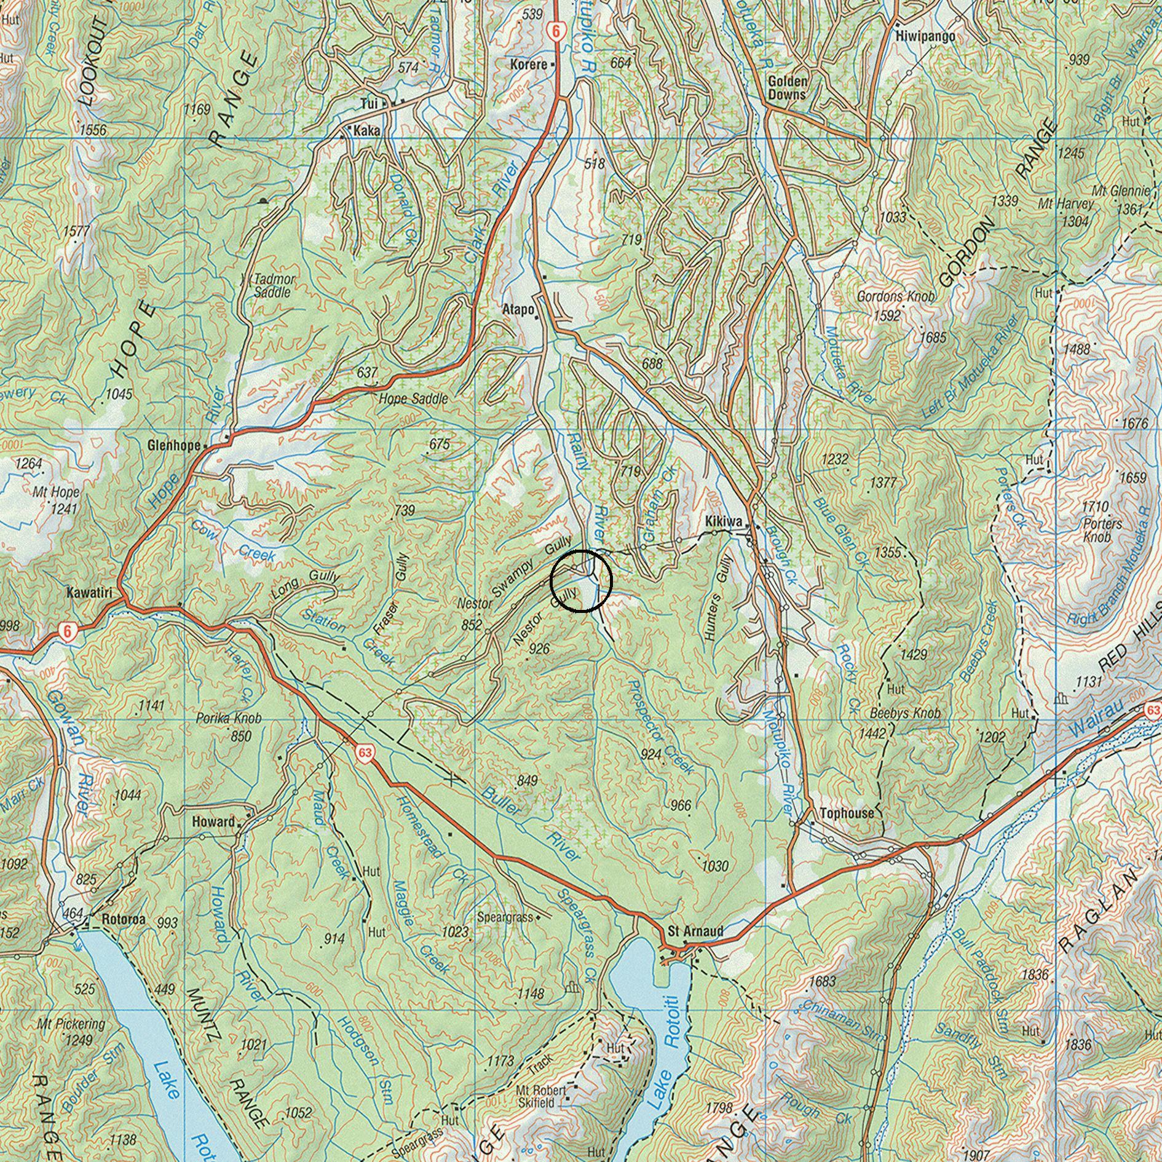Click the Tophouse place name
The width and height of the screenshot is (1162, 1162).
click(x=843, y=813)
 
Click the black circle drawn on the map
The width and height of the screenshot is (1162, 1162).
click(x=581, y=581)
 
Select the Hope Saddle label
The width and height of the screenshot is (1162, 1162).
click(x=413, y=398)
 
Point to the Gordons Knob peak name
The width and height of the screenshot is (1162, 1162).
click(x=896, y=296)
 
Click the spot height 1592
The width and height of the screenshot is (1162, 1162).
click(x=887, y=316)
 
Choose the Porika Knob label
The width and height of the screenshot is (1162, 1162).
click(x=229, y=718)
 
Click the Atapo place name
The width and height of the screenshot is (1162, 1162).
click(x=518, y=309)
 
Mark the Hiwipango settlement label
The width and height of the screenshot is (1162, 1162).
click(x=925, y=36)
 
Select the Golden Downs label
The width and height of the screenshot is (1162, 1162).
click(x=787, y=88)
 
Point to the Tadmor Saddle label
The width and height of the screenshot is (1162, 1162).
click(x=275, y=286)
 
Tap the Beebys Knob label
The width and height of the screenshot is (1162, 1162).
click(x=905, y=714)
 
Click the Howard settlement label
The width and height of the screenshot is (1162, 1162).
click(x=213, y=821)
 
